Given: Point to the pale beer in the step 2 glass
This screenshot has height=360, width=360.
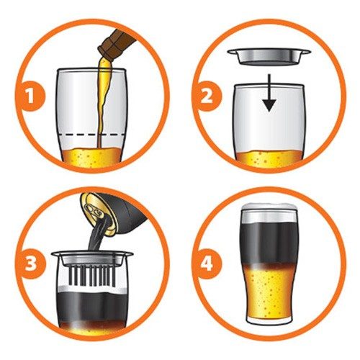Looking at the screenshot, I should click(x=269, y=158).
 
